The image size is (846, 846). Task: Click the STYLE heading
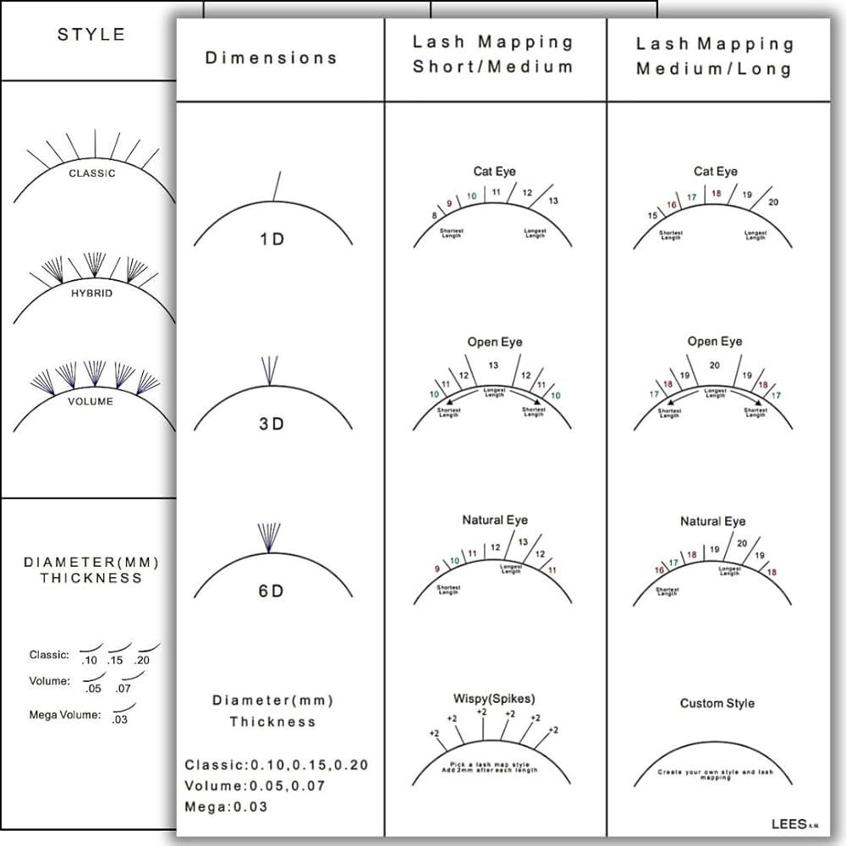coord(91,35)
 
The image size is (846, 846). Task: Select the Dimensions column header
coord(271,58)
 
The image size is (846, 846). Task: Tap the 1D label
coord(272,239)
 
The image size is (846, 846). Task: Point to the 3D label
coord(272,424)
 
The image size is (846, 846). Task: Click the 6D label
coord(272,591)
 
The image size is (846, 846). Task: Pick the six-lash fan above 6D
coord(268,537)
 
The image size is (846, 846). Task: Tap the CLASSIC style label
coord(92,173)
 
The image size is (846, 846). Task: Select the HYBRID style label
coord(91,293)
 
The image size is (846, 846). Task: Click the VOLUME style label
coord(91,401)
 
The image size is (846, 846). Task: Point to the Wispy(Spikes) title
coord(494,699)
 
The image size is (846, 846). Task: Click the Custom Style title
coord(717,703)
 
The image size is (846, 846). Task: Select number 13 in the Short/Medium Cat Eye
coord(553,201)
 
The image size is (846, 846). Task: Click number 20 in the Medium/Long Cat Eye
coord(773,202)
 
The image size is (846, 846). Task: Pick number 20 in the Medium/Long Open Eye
coord(715,365)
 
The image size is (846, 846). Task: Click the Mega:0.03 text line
coord(226,806)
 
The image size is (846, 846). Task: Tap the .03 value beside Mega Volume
coord(120,720)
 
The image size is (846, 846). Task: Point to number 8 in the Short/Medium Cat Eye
coord(435,217)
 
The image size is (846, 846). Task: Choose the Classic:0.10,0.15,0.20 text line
coord(277,765)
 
